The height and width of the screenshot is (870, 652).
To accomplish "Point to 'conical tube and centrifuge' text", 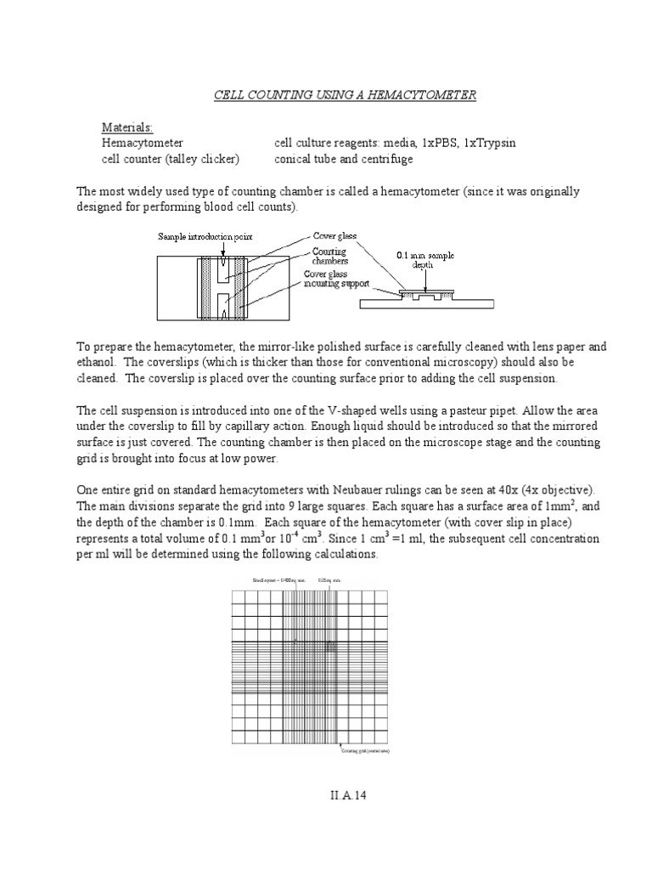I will pos(345,159).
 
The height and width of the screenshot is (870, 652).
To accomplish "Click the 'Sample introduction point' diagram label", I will pos(204,236).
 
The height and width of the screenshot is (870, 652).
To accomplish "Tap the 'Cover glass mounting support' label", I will pos(336,280).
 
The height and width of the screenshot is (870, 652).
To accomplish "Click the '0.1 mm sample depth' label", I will pos(422,259).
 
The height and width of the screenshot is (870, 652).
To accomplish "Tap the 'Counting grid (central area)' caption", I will pos(366,752).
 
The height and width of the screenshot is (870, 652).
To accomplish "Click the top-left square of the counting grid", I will pos(239,597).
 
